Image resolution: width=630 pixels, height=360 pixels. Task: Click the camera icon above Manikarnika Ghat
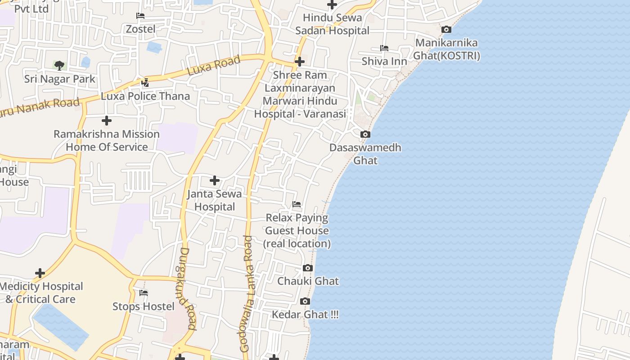446,30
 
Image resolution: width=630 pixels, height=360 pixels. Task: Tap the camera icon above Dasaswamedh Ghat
365,135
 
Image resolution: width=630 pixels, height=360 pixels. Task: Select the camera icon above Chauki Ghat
308,268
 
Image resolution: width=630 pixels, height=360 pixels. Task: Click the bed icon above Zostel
140,16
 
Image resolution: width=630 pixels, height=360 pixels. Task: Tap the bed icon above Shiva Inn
384,48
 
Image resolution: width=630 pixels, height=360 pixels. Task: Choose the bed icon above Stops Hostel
144,293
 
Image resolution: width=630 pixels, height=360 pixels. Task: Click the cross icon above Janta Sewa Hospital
215,181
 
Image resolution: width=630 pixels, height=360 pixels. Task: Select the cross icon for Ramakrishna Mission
107,121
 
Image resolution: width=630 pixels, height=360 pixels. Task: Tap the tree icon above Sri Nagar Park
59,66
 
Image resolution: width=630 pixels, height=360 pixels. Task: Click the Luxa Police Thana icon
145,83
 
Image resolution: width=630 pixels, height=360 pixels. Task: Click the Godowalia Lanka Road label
247,293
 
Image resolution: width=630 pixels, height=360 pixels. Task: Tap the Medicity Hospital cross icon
40,273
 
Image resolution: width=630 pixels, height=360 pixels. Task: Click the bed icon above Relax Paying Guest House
297,204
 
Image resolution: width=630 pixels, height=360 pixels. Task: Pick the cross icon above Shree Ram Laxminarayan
300,62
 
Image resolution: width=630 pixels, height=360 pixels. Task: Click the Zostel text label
140,29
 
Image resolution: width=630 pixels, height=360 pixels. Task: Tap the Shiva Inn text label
384,61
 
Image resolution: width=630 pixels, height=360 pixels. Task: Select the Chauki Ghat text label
308,281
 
